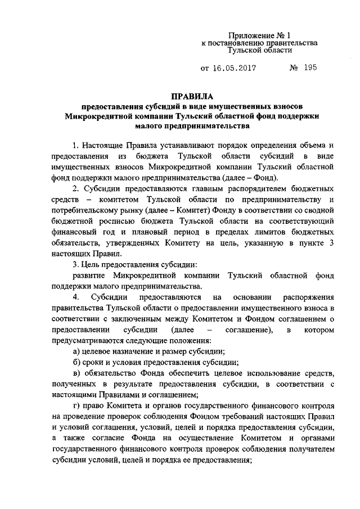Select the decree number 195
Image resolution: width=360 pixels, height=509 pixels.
click(x=309, y=68)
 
